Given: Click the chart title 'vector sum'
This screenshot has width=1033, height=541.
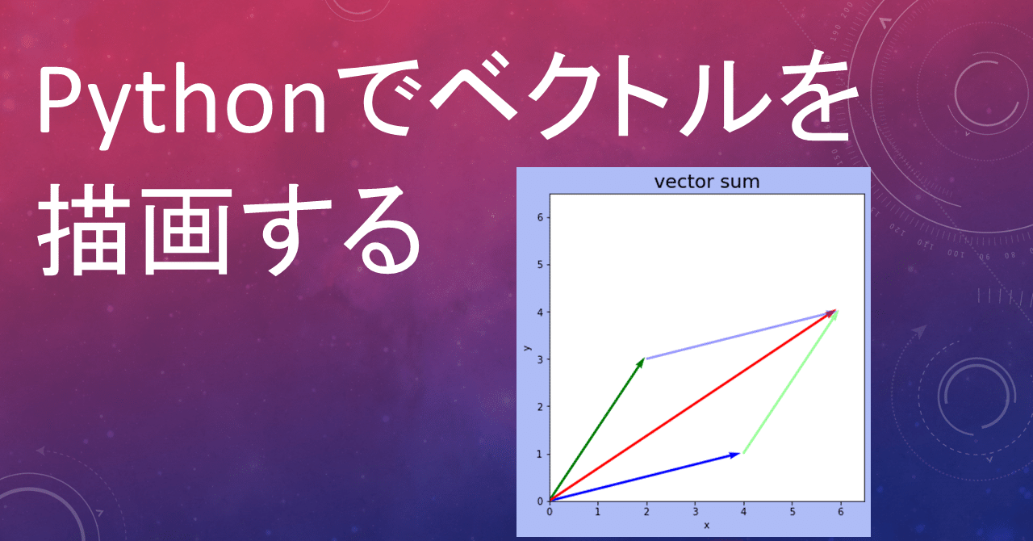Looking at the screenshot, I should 706,182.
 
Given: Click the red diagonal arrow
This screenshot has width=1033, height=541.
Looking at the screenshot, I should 692,405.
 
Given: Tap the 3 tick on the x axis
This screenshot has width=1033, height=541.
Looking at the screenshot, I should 695,511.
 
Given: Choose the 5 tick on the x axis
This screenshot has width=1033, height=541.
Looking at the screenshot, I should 793,511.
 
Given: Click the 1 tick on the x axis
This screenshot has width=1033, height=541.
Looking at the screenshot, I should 598,511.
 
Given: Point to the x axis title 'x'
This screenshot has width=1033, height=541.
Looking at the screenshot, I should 707,526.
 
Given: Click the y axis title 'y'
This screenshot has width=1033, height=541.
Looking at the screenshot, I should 527,348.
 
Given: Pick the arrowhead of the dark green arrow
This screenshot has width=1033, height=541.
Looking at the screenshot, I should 642,363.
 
